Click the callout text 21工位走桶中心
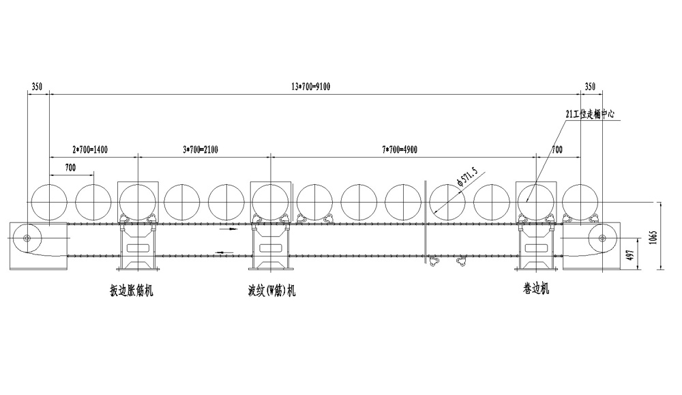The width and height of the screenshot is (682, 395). point(590,115)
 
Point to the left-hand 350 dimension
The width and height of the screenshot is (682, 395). point(37,87)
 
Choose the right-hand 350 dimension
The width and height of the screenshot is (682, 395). point(591,87)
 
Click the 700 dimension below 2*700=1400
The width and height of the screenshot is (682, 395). point(70,167)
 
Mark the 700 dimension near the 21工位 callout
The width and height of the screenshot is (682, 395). point(557,149)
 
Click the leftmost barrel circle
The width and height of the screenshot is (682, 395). point(49,202)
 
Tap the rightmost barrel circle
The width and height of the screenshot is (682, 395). point(580,202)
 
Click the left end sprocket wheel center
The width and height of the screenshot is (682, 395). point(27,238)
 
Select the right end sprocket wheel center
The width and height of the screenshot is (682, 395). point(602,238)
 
